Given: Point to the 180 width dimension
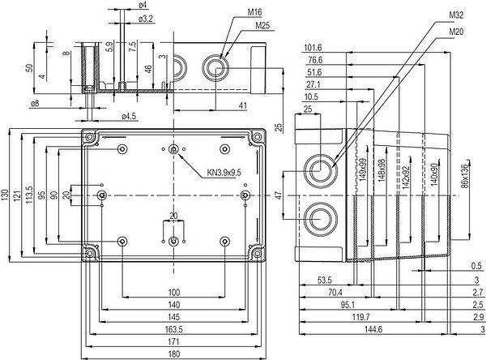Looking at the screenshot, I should (x=173, y=354).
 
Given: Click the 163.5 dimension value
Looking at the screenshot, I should (x=173, y=331).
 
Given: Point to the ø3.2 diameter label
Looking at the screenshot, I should (x=146, y=18).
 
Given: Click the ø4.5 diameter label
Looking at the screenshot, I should (x=130, y=116).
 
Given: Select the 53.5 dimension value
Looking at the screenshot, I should (x=324, y=280).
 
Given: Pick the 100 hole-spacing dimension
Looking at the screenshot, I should (x=173, y=292).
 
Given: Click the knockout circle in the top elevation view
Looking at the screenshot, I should (x=217, y=63).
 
